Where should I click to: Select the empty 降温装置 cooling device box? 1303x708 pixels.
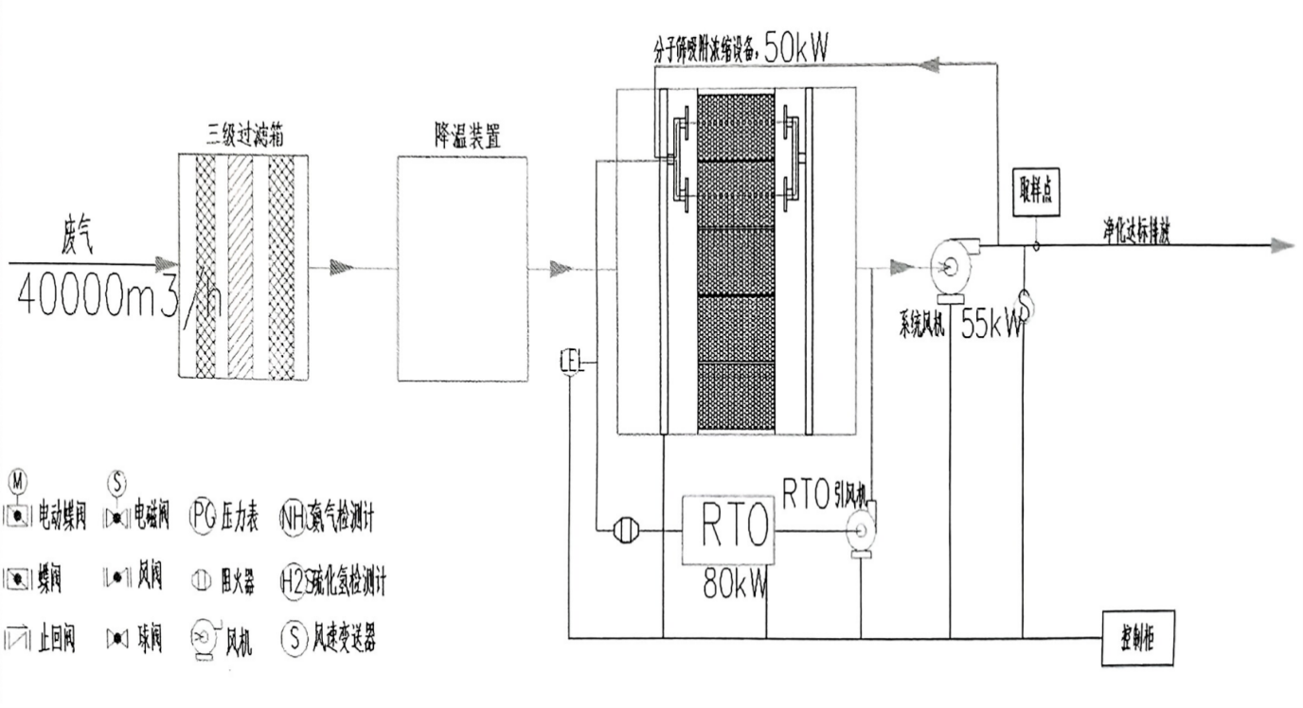[x=463, y=268]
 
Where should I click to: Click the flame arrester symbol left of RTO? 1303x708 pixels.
[x=624, y=531]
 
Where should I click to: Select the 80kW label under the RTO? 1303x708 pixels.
[x=734, y=579]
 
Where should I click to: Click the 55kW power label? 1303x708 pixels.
[x=992, y=326]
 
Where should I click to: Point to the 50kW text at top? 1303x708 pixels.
[x=795, y=49]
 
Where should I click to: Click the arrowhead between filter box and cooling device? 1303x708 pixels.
[x=341, y=268]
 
